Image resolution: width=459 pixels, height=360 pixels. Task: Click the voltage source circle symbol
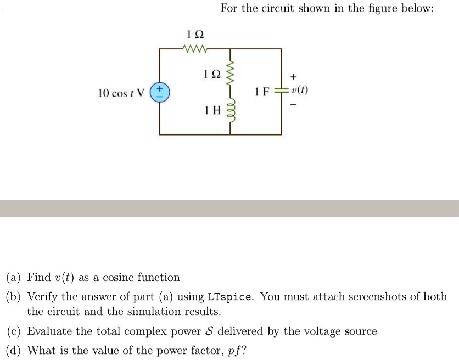coord(160,92)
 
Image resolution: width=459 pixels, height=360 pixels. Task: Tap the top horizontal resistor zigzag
coord(194,49)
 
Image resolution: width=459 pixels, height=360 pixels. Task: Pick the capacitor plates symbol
coord(282,91)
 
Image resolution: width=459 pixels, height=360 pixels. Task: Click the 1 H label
coord(211,110)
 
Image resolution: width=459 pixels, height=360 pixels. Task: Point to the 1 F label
coord(261,92)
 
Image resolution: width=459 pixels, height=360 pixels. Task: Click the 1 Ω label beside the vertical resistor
coord(211,73)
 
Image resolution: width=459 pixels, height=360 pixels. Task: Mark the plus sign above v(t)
coord(295,76)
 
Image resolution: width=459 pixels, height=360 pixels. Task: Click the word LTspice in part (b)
coord(230,297)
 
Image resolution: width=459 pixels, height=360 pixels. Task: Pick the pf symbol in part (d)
coord(232,350)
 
